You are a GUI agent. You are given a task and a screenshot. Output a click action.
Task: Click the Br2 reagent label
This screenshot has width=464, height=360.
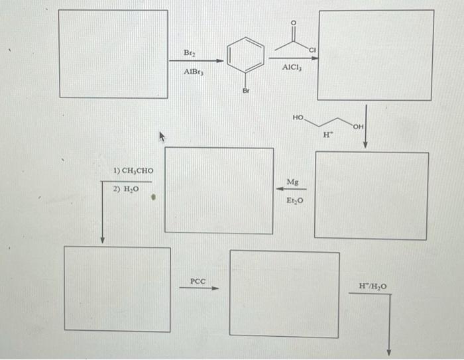click(190, 52)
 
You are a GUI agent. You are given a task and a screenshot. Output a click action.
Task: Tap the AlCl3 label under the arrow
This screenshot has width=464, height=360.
click(292, 68)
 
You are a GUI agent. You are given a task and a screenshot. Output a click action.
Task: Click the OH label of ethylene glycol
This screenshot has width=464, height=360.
click(359, 126)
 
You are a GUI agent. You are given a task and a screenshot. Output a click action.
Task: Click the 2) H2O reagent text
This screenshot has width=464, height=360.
click(125, 189)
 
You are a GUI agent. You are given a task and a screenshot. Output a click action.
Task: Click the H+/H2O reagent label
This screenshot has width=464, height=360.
click(373, 286)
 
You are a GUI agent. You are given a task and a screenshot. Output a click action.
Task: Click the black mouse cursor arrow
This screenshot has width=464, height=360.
click(160, 137)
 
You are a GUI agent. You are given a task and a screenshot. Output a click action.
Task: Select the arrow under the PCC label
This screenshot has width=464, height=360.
click(199, 288)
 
